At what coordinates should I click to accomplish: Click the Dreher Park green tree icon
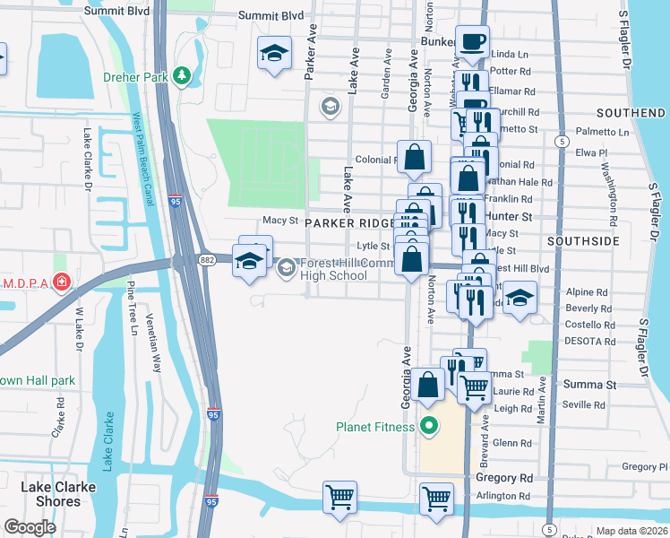click(183, 77)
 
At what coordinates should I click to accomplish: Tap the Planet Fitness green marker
click(429, 427)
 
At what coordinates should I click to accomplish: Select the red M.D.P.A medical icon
click(60, 283)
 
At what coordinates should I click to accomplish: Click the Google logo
click(30, 527)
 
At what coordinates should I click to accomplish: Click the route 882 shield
click(207, 259)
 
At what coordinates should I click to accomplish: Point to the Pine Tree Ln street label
click(131, 308)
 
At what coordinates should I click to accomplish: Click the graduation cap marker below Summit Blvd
click(274, 53)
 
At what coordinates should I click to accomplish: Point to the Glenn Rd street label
click(512, 443)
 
